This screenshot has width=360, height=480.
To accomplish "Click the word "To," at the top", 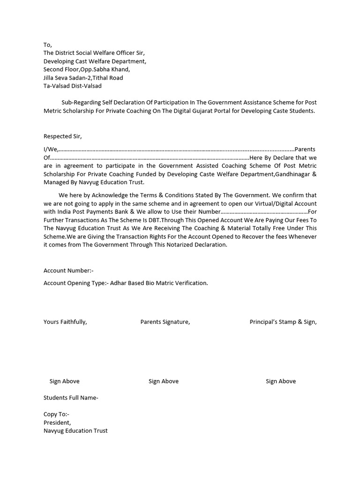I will [x=48, y=45].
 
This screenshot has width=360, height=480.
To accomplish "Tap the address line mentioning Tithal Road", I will [x=83, y=78].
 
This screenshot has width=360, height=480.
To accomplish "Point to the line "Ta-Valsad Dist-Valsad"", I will [x=73, y=86].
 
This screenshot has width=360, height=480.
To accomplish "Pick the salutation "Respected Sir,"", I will [x=63, y=136].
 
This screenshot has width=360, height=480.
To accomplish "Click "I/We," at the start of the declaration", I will [x=51, y=150].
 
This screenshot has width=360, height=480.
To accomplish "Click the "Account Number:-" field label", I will [x=69, y=270].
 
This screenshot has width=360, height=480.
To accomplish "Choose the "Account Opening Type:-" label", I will [x=76, y=283].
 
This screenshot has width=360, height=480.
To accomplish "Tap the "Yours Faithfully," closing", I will [x=65, y=322].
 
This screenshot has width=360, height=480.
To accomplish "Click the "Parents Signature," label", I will [x=165, y=322].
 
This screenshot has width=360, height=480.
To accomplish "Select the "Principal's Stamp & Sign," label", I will [x=283, y=322].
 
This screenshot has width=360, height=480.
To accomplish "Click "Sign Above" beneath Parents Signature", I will [x=164, y=381].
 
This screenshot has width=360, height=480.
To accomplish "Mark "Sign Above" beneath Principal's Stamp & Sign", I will [x=281, y=381].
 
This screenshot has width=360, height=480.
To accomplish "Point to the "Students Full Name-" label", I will [x=71, y=398].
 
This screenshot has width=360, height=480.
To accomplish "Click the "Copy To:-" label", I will [x=56, y=414].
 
